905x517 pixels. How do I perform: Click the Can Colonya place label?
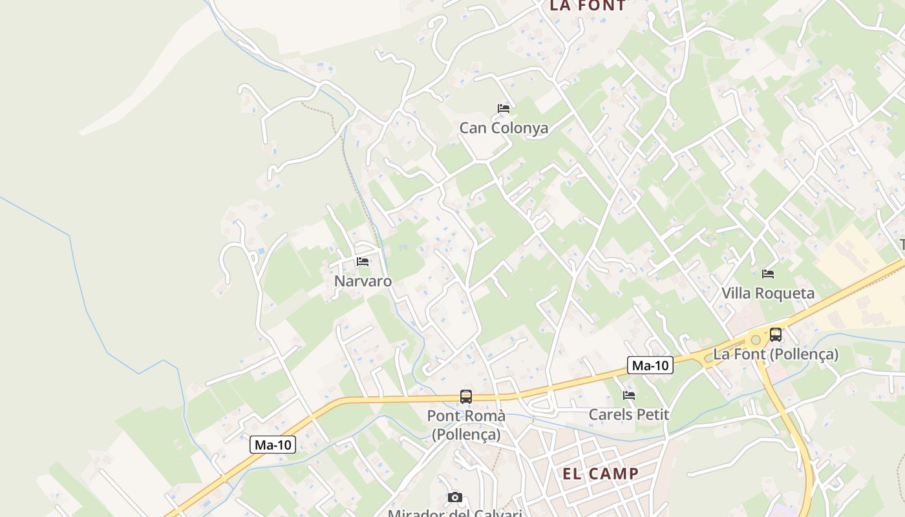(x=504, y=128)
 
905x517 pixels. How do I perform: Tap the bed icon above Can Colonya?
(x=504, y=108)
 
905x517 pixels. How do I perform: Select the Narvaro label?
(x=363, y=281)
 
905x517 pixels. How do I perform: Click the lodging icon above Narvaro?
(x=363, y=262)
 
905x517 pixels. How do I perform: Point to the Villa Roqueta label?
(x=768, y=293)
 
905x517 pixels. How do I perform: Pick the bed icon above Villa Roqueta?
(x=768, y=274)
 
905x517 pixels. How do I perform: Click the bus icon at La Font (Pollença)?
(x=776, y=335)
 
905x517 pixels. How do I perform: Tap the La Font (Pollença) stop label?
(x=776, y=354)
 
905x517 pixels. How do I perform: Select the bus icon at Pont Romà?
(x=466, y=396)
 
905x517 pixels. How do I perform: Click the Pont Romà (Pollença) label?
(x=466, y=425)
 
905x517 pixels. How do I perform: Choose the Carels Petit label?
(x=628, y=415)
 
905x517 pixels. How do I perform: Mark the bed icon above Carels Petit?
(x=629, y=396)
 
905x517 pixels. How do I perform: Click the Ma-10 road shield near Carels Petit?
(x=650, y=366)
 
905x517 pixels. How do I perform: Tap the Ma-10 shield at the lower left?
(x=273, y=445)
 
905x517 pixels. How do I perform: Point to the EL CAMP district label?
(x=601, y=474)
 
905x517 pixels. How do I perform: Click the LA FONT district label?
(x=588, y=6)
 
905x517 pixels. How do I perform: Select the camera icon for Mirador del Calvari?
(x=455, y=497)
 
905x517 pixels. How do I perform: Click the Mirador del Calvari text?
(x=455, y=513)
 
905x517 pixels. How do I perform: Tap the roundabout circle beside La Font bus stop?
(x=755, y=340)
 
